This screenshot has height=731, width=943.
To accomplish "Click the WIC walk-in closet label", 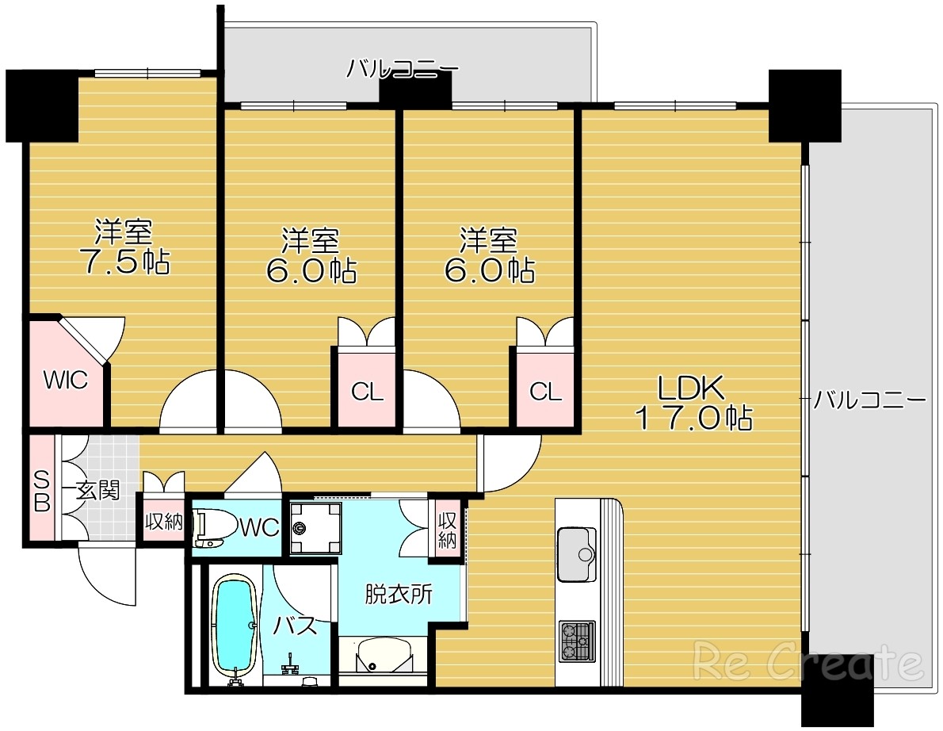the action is pos(66,381).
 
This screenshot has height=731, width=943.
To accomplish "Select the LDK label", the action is pos(691,388).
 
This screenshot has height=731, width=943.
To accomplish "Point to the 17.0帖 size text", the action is pos(694,417).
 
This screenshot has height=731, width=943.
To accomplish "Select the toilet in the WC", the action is pos(211,528).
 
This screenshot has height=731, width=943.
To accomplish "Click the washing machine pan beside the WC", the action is pos(315,528).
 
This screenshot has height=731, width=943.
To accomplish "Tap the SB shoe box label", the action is pos(41,490).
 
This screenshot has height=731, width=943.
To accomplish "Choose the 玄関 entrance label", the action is pos(97,491).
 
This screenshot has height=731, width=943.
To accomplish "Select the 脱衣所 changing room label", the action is pos(399,595).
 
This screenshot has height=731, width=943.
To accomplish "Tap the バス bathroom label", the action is pos(296,626).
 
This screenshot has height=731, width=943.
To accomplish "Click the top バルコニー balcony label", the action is pos(402,69).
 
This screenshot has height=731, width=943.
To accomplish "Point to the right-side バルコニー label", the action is pos(869,400).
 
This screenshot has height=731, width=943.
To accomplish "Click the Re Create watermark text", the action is pos(808,661).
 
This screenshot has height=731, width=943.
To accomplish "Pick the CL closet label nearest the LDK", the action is pos(545,392).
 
